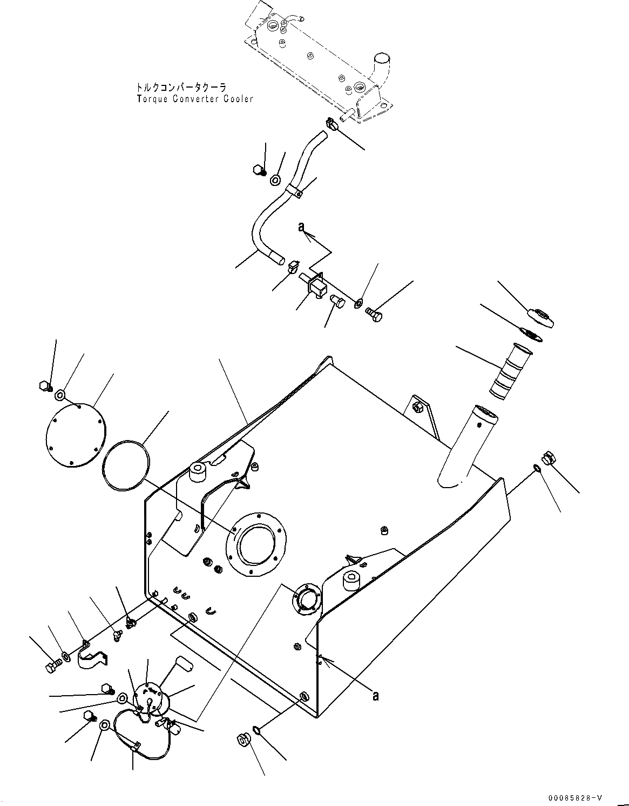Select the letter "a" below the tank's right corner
tap(375, 695)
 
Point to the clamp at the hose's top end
tap(331, 125)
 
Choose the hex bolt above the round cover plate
tap(45, 386)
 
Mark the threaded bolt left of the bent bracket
tap(51, 666)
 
